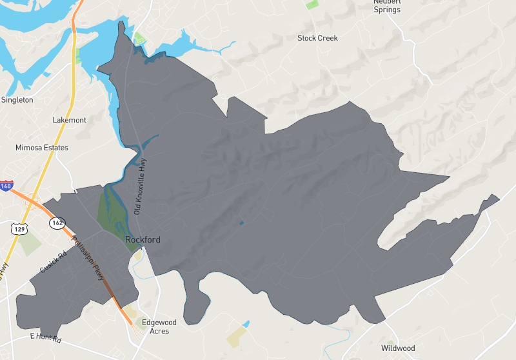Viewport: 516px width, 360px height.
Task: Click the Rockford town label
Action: click(x=143, y=240)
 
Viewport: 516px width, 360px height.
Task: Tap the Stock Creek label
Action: click(x=317, y=38)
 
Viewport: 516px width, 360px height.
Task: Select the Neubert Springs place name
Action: click(x=387, y=6)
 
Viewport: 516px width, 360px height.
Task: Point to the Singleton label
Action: click(x=17, y=100)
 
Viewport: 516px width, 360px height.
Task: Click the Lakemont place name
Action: click(x=69, y=120)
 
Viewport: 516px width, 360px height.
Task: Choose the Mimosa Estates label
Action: click(x=41, y=148)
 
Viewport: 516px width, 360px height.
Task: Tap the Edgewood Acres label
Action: click(x=159, y=326)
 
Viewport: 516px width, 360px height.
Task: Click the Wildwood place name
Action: click(x=398, y=348)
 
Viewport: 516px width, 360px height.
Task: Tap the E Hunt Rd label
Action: click(x=45, y=337)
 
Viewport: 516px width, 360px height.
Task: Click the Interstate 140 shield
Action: click(x=6, y=186)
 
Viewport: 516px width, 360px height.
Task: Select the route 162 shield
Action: click(x=57, y=223)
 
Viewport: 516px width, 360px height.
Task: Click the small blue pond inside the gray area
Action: click(x=241, y=223)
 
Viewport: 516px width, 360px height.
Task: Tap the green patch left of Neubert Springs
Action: click(x=312, y=4)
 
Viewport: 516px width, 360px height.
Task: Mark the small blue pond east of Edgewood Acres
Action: click(x=246, y=323)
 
